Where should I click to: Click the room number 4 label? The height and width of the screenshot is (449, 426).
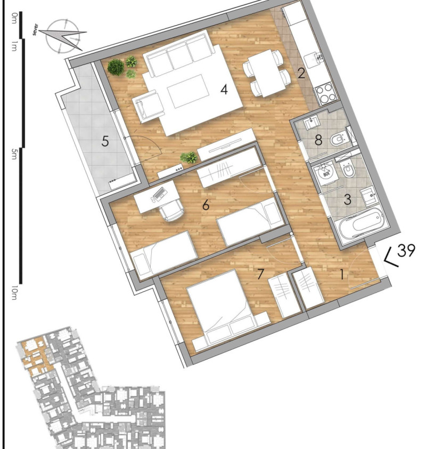pyautogui.click(x=224, y=90)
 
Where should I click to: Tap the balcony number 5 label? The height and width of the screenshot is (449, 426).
pyautogui.click(x=105, y=141)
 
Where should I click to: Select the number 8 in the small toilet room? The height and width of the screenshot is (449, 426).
pyautogui.click(x=318, y=140)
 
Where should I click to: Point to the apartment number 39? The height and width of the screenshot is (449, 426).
pyautogui.click(x=406, y=251)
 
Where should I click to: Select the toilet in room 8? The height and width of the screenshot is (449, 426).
pyautogui.click(x=338, y=140)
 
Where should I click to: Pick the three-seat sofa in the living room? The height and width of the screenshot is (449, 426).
pyautogui.click(x=179, y=54)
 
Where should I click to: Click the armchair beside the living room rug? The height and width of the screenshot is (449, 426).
pyautogui.click(x=149, y=107)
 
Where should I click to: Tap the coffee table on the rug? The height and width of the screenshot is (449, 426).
pyautogui.click(x=188, y=91)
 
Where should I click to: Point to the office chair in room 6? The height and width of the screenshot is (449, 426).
pyautogui.click(x=172, y=210)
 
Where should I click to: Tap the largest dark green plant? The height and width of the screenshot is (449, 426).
pyautogui.click(x=116, y=67)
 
